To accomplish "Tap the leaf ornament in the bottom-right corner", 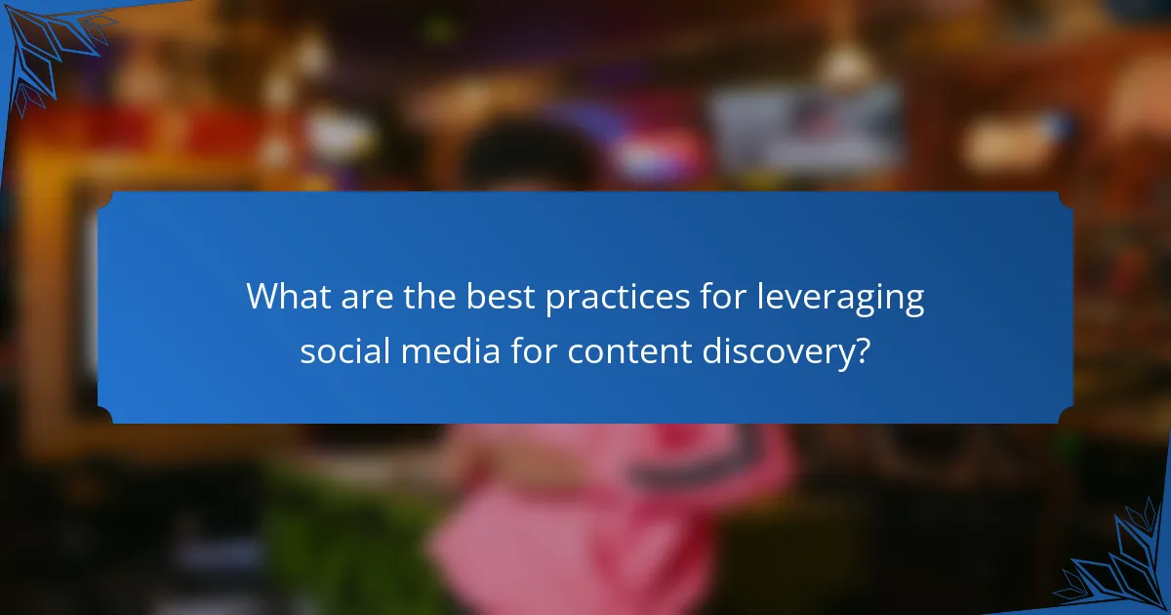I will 1122,566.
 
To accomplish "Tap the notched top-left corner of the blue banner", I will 105,199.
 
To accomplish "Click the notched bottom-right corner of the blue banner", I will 1066,416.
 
